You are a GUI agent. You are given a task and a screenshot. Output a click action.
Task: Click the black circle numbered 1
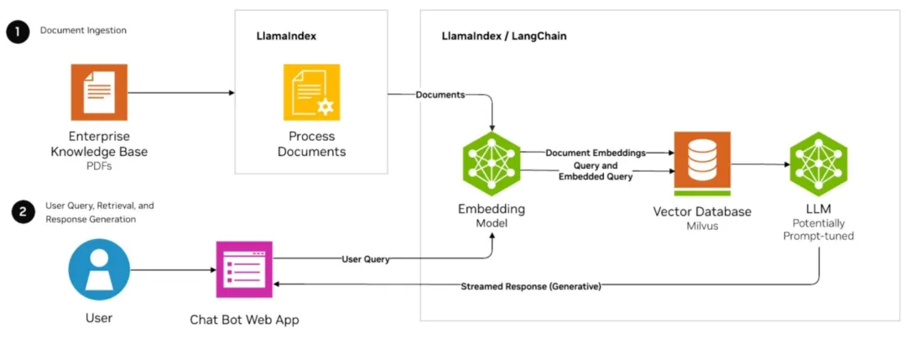tap(18, 32)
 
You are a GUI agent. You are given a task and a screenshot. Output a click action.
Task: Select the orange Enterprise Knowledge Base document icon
tap(99, 92)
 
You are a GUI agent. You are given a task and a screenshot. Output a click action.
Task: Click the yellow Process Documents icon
tap(311, 92)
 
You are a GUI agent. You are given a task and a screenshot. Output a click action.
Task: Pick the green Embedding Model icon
tap(491, 164)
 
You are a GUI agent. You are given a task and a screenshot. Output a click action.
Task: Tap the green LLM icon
tap(818, 164)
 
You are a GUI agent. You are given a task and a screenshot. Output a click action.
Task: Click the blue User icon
tap(99, 269)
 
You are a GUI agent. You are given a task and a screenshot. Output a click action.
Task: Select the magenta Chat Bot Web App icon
tap(243, 269)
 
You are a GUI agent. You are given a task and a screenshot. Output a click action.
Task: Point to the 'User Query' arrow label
tap(365, 259)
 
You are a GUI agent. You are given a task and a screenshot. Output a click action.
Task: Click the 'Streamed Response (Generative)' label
tap(531, 286)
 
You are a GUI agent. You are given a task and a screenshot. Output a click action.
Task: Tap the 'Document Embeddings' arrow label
tap(595, 153)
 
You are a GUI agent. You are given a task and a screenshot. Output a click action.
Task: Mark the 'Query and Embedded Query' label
tap(597, 171)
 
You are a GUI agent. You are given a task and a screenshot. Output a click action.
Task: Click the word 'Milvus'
tap(702, 227)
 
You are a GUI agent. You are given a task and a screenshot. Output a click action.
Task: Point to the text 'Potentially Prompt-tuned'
tap(818, 231)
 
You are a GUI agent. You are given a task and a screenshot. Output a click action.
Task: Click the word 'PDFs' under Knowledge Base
tap(98, 167)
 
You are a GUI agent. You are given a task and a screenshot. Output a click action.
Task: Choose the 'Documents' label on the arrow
tap(440, 95)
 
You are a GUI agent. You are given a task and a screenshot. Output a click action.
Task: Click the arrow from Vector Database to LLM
tap(758, 164)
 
